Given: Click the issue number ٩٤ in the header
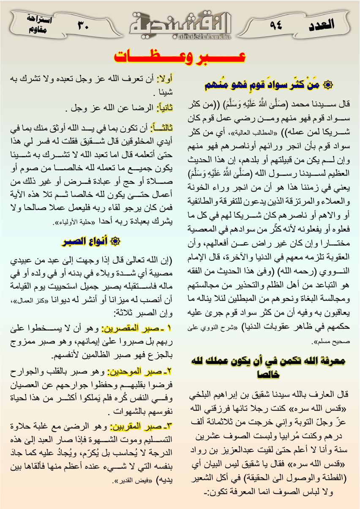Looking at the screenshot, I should click(276, 25).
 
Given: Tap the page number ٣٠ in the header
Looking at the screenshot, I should click(83, 25).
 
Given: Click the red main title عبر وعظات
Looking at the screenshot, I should click(180, 57).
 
